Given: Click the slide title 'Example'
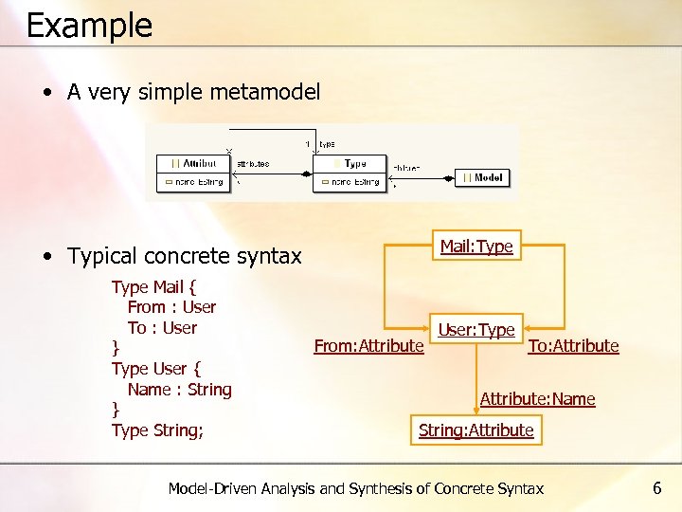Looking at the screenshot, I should pos(89,26).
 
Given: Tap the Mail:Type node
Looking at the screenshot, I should pos(476,247).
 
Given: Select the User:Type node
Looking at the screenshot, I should pos(476,330).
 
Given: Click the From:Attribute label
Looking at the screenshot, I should pos(368,346).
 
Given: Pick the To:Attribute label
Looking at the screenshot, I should pos(573,346).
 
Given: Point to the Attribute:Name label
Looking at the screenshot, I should pos(537,399).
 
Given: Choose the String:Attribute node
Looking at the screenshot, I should pos(476,430).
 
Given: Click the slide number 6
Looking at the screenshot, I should pos(657,488).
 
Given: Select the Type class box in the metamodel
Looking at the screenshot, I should pos(350,172).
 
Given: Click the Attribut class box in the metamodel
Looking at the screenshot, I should pos(193,172).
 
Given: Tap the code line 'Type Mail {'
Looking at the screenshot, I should pos(153,286).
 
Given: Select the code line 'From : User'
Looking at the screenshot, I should pos(171,307).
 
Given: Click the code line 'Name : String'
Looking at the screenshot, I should pos(179,390).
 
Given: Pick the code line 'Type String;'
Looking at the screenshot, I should pos(157,430).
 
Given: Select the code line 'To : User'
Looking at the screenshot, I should pos(162,328).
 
